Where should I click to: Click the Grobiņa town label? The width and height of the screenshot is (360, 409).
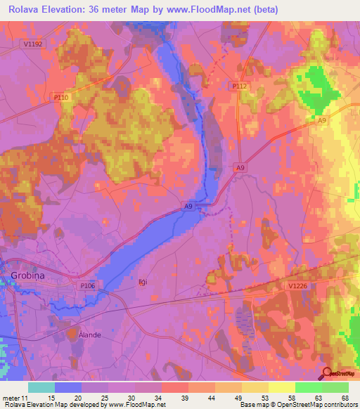pyautogui.click(x=27, y=275)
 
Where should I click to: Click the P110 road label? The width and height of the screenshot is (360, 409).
pyautogui.click(x=61, y=96)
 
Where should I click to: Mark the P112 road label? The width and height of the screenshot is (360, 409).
pyautogui.click(x=240, y=86)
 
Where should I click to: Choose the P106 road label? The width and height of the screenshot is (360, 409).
pyautogui.click(x=87, y=285)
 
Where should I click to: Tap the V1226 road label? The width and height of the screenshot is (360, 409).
pyautogui.click(x=298, y=285)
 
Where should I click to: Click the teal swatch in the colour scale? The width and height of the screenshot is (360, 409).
pyautogui.click(x=41, y=387)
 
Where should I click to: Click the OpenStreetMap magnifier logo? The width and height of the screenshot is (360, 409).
pyautogui.click(x=328, y=373)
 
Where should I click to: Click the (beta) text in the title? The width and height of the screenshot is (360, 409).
pyautogui.click(x=264, y=10)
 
